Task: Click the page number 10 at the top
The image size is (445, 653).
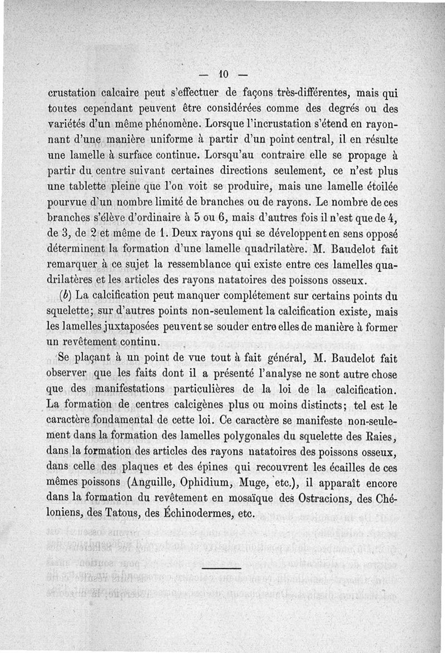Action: coord(224,73)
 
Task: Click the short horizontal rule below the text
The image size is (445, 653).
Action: coord(222,568)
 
